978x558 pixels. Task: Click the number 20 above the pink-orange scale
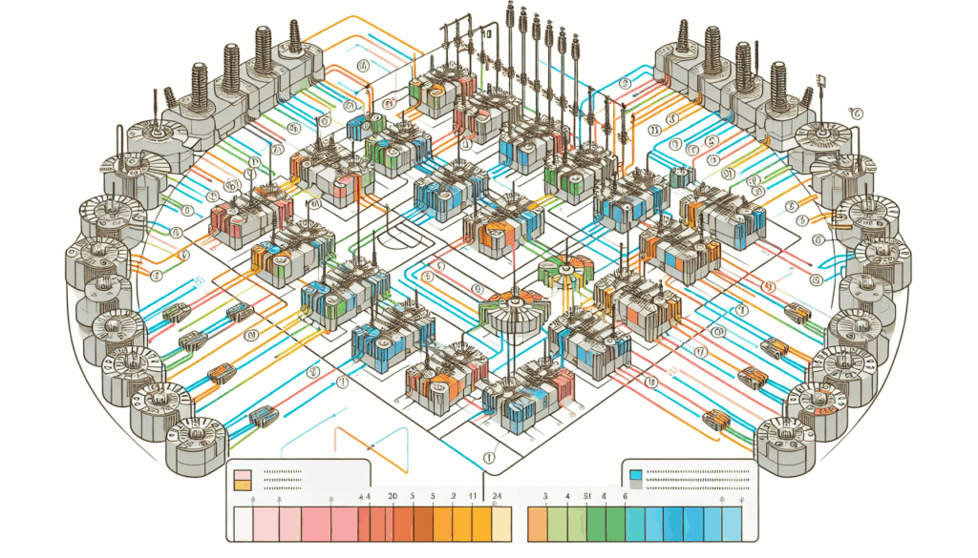coord(392,497)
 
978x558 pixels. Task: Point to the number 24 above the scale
coord(497,497)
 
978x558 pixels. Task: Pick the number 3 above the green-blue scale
coord(543,497)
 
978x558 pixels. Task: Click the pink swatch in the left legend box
coord(242,474)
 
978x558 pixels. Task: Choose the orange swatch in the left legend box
coord(242,486)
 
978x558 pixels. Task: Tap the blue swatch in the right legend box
coord(637,473)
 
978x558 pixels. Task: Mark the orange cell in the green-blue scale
coord(538,525)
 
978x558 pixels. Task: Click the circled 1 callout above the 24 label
coord(490,458)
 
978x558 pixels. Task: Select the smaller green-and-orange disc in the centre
coord(561,271)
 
